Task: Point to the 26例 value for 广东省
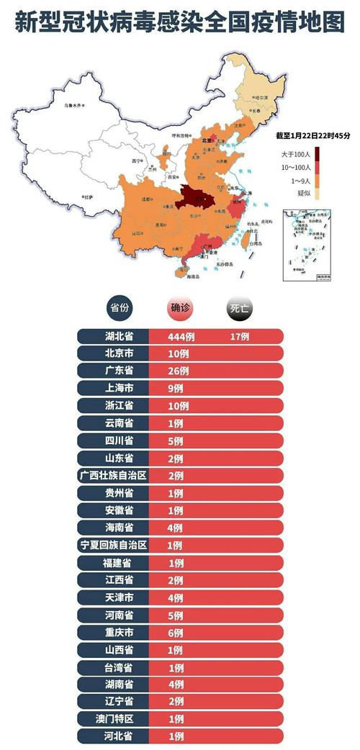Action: click(178, 371)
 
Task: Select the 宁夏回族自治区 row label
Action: click(113, 545)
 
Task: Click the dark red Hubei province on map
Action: click(197, 195)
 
